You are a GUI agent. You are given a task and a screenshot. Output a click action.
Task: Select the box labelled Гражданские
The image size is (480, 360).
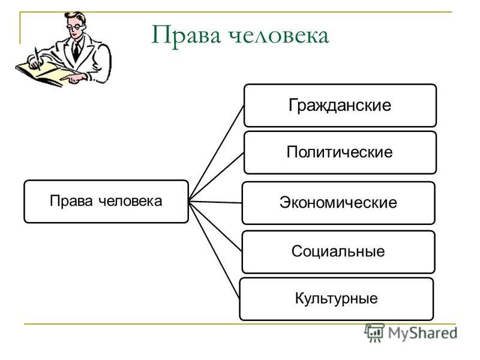[x=340, y=106]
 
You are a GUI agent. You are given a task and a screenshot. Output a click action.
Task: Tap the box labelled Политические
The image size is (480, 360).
[x=340, y=152]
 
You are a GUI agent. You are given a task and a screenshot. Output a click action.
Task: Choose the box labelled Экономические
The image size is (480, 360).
[x=338, y=203]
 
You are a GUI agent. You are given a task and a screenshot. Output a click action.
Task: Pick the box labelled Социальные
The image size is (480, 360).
[x=338, y=252]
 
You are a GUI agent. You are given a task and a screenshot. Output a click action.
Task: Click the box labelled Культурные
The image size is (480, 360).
[x=337, y=299]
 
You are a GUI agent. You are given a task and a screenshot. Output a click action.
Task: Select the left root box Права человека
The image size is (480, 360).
[x=106, y=202]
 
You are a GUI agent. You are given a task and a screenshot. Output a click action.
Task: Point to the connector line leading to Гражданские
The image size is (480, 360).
[x=216, y=153]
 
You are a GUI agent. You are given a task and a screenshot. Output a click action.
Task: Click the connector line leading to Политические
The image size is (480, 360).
[x=216, y=177]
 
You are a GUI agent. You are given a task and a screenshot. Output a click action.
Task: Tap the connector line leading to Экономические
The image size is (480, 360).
[x=215, y=202]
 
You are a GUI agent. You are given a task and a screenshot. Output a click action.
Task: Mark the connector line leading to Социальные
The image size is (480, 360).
[x=215, y=227]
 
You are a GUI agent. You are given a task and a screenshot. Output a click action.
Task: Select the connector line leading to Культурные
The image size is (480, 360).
[x=214, y=250]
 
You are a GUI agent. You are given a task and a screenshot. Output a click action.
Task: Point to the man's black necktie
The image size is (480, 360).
[x=76, y=51]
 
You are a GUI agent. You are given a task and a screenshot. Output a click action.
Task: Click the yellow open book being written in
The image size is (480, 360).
[x=46, y=73]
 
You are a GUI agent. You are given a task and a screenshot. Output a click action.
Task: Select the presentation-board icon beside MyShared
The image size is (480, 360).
[x=374, y=332]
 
